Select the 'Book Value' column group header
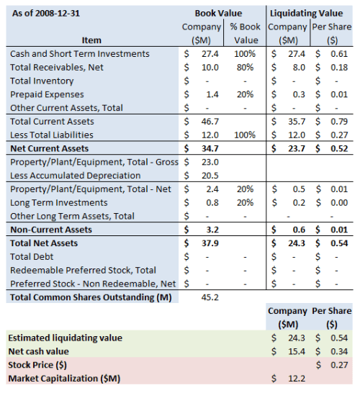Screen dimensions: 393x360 219,13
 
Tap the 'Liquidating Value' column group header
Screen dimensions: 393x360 310,13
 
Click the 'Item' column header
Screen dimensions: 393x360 92,40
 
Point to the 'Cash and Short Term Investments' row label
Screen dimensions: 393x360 80,54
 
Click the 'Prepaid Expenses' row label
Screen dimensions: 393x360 48,94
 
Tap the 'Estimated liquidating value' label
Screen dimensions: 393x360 66,338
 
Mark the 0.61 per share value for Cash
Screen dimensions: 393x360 341,54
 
